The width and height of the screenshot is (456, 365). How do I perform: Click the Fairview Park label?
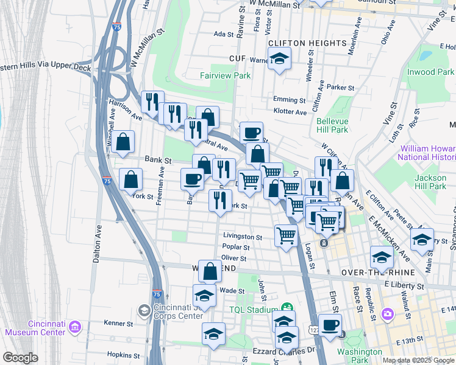[x=226, y=75]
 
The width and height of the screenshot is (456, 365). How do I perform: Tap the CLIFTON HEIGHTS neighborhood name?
[x=307, y=43]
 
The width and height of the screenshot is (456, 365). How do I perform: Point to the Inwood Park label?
[x=430, y=72]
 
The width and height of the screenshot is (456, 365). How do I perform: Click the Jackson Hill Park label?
[x=430, y=182]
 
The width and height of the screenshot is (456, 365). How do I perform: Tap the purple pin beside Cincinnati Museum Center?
[x=76, y=328]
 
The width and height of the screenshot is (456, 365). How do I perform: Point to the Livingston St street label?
[x=242, y=237]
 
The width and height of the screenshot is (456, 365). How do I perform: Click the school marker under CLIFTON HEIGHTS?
[x=280, y=59]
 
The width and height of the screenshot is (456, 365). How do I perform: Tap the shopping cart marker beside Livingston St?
[x=286, y=235]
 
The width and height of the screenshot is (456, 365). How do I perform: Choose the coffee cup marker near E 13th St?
[x=330, y=325]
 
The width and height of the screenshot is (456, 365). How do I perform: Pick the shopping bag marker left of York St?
[x=131, y=179]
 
